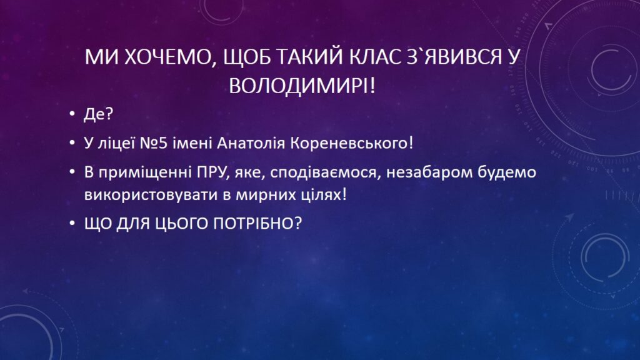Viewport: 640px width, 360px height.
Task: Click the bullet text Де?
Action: [x=98, y=114]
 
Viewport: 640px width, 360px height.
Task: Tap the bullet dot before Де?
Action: [x=72, y=114]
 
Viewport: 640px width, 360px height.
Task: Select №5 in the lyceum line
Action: [x=154, y=143]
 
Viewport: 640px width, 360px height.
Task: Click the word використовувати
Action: [x=151, y=195]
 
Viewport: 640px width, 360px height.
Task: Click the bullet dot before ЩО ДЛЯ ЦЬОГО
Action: [x=72, y=223]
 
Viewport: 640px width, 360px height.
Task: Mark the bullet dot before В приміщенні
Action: [x=72, y=172]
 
